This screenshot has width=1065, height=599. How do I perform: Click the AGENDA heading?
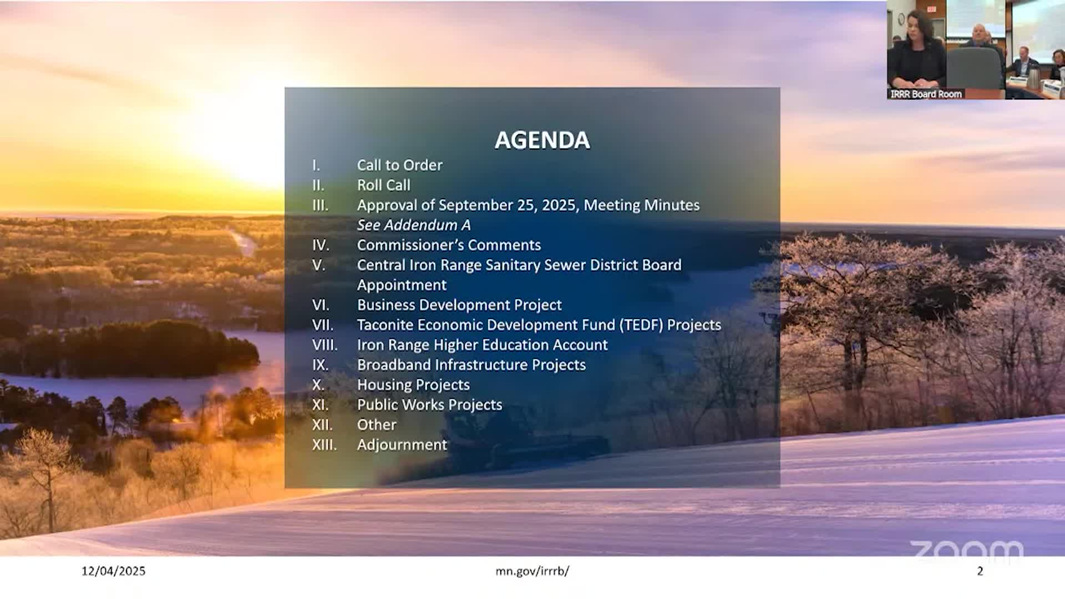542,140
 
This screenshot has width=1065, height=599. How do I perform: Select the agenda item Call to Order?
399,165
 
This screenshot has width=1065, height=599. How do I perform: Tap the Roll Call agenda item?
383,185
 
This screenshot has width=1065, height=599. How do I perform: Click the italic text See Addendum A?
414,225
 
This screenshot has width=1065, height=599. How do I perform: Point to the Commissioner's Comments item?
449,245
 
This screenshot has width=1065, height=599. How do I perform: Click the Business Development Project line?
459,305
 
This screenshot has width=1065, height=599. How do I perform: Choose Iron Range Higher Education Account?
482,345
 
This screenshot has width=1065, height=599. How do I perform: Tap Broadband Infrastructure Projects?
471,365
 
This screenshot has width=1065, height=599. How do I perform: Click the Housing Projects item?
413,385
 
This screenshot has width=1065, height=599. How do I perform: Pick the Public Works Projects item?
429,405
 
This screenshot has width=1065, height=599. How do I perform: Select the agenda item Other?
377,425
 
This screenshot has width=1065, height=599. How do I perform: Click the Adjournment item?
402,445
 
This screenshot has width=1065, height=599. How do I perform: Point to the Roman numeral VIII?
324,345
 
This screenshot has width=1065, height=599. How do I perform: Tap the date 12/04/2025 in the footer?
113,571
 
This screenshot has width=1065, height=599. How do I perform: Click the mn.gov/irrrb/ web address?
532,571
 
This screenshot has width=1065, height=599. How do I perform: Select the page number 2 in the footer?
980,571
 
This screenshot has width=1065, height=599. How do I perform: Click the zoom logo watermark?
966,550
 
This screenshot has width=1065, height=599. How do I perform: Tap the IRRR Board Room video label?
926,94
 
